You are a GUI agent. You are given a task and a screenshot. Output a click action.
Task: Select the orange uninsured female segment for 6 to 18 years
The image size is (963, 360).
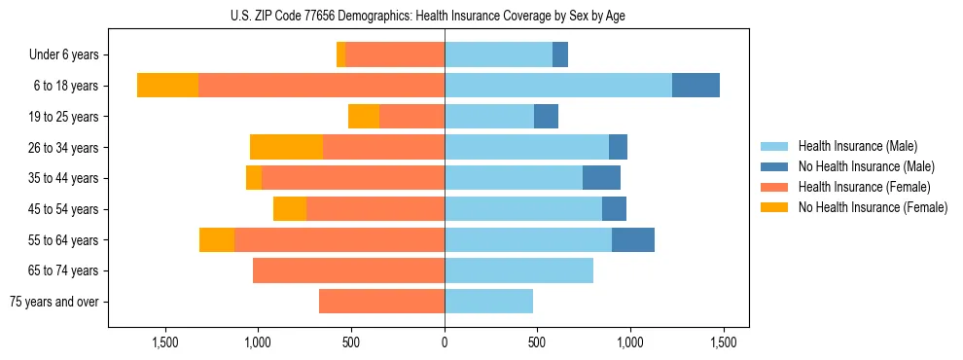[x=167, y=86]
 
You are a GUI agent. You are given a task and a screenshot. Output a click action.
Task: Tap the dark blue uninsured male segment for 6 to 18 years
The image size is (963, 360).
[x=695, y=86]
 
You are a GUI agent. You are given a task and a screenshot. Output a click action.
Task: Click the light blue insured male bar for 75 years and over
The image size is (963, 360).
[x=488, y=302]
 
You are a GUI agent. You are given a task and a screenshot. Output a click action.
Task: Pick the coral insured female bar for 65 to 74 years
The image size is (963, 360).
[x=348, y=270]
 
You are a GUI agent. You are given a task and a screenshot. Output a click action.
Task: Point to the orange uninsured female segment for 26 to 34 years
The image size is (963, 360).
[x=286, y=147]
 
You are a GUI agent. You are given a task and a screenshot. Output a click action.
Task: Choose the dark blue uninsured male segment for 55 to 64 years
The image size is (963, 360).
[x=633, y=239]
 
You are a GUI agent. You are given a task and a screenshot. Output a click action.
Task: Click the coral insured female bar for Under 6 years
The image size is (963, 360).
[x=395, y=54]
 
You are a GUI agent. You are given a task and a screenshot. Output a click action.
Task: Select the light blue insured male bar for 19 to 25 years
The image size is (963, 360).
[x=489, y=117]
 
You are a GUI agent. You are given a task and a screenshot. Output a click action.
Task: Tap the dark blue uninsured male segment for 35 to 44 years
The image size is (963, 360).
[x=601, y=178]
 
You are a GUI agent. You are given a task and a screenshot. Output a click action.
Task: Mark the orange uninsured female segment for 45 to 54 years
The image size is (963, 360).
[x=290, y=209]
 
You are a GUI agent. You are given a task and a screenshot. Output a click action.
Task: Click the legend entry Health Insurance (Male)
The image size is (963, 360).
[x=857, y=146]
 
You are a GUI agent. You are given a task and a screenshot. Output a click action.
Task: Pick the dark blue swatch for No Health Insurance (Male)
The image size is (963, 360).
[x=775, y=166]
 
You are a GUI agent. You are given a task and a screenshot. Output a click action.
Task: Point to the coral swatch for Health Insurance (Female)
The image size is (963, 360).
[x=775, y=187]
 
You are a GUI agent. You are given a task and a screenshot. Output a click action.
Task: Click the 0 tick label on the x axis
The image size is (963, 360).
[x=445, y=342]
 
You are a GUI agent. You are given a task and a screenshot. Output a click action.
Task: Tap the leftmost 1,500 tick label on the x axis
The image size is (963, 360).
[x=164, y=342]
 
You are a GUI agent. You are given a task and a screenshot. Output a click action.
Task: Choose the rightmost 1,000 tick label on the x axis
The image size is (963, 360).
[x=630, y=342]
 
